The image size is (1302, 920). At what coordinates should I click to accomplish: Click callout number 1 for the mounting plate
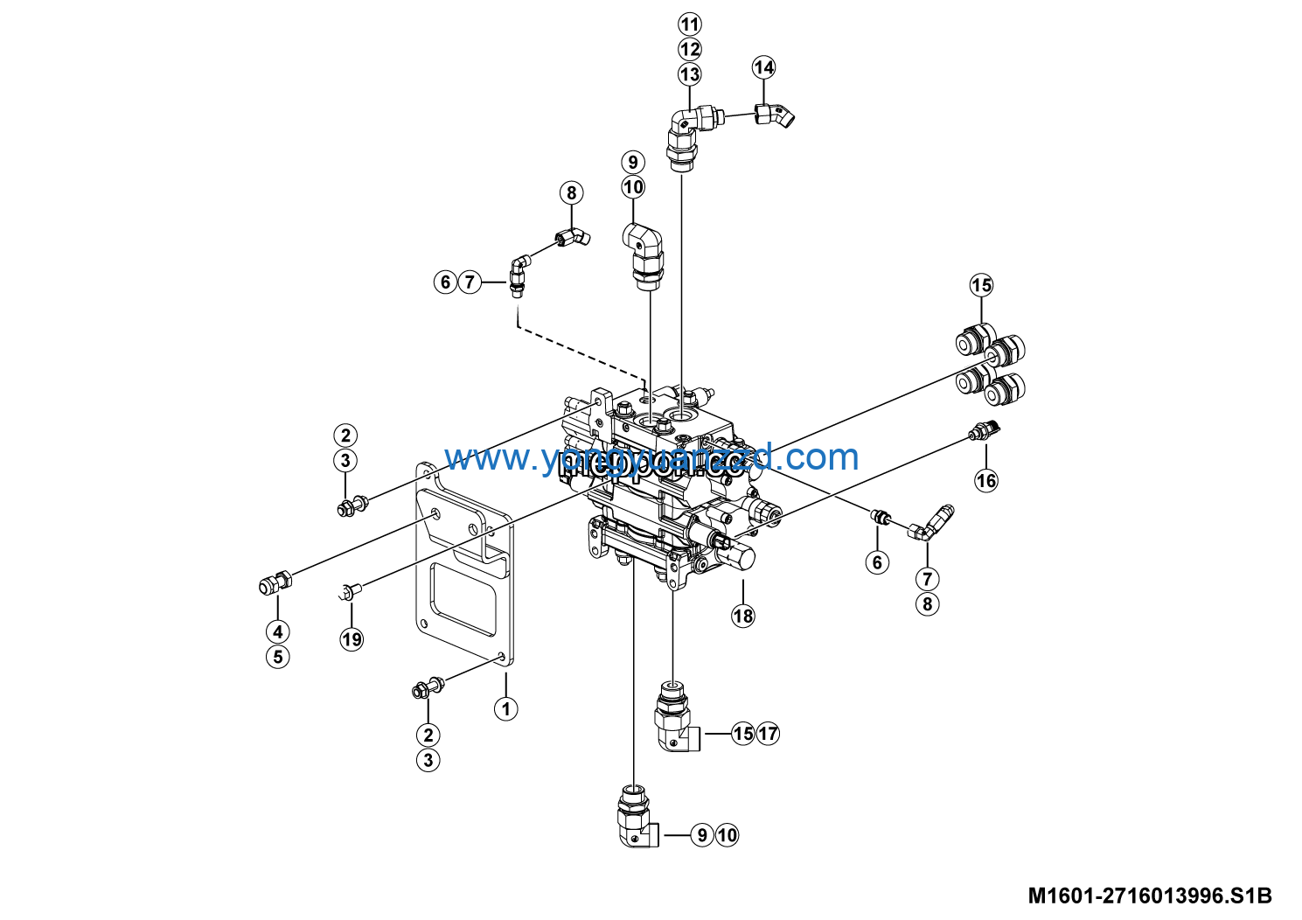pyautogui.click(x=506, y=708)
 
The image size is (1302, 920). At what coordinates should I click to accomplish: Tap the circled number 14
pyautogui.click(x=763, y=67)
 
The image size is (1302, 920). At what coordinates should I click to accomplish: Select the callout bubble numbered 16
pyautogui.click(x=986, y=480)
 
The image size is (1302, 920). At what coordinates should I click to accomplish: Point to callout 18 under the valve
pyautogui.click(x=742, y=616)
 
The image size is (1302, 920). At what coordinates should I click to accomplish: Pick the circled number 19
pyautogui.click(x=352, y=639)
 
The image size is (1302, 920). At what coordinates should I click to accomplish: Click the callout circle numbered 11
pyautogui.click(x=690, y=24)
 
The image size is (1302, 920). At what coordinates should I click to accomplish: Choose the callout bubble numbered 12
pyautogui.click(x=690, y=49)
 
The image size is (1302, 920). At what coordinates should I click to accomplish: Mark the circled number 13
pyautogui.click(x=690, y=74)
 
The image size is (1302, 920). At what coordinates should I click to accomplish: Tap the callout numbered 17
pyautogui.click(x=768, y=733)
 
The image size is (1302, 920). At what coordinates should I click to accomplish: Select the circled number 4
pyautogui.click(x=278, y=631)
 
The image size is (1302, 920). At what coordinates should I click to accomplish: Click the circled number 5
pyautogui.click(x=278, y=657)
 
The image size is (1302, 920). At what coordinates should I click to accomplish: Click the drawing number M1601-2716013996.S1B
pyautogui.click(x=1149, y=896)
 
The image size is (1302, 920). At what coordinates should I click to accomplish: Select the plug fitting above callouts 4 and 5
pyautogui.click(x=275, y=582)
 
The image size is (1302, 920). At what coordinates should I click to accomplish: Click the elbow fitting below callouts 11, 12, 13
pyautogui.click(x=690, y=131)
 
